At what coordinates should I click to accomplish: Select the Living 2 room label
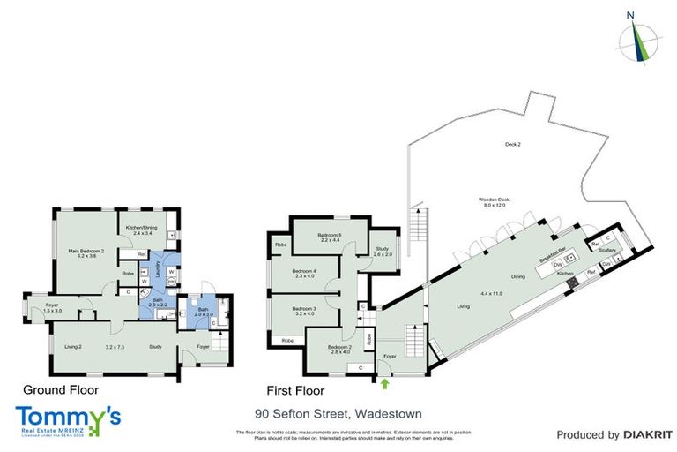(x=72, y=347)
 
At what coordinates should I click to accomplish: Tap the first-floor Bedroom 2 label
(x=339, y=347)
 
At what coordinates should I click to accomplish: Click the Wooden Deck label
(x=495, y=200)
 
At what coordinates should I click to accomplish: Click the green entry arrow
(x=384, y=383)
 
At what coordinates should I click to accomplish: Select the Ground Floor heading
(x=60, y=389)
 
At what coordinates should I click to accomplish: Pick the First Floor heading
(x=295, y=389)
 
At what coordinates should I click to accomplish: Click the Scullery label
(x=606, y=251)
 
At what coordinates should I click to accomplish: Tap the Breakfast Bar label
(x=552, y=252)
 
